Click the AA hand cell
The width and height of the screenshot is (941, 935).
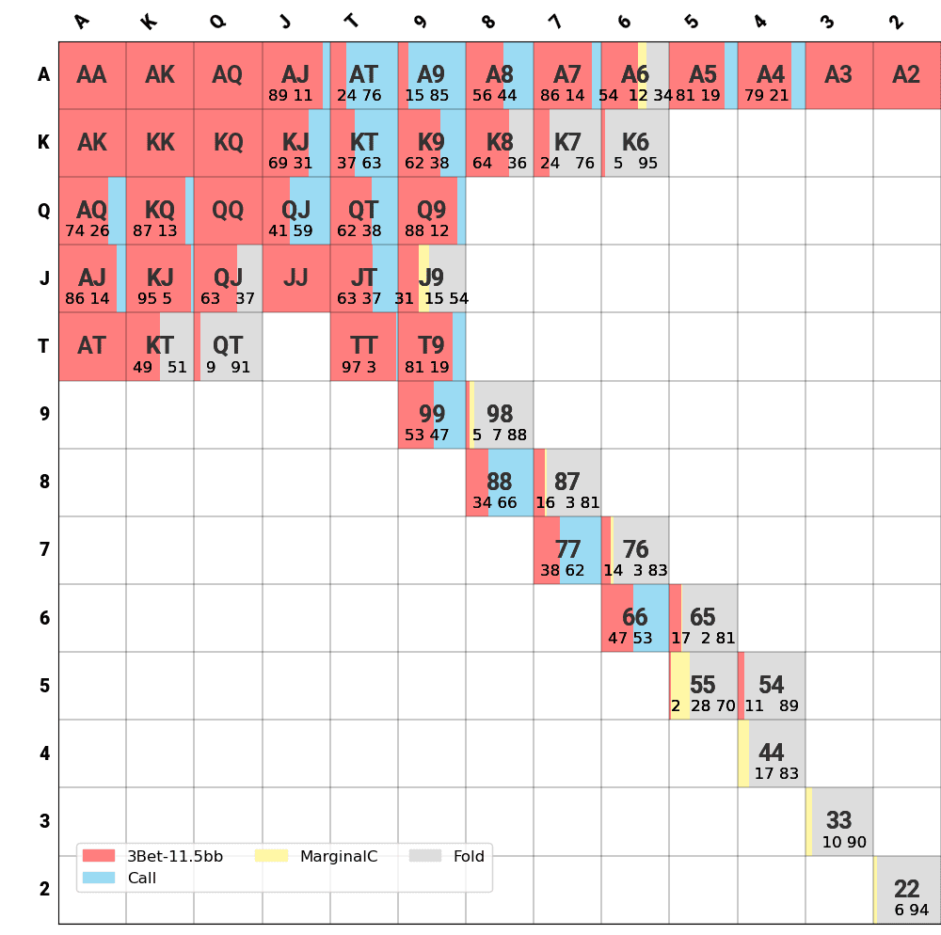click(92, 75)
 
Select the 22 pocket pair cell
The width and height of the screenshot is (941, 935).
click(907, 890)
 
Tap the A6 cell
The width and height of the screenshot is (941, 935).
click(635, 75)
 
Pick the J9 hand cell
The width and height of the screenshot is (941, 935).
click(432, 278)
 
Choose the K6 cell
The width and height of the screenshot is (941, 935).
click(635, 143)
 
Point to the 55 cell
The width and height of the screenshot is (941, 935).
click(703, 686)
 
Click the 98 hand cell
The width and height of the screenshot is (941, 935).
click(500, 415)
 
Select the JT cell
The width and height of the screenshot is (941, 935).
click(364, 278)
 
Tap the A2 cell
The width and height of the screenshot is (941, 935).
click(907, 75)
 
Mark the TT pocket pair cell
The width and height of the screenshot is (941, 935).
click(364, 347)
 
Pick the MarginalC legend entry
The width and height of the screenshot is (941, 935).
click(316, 856)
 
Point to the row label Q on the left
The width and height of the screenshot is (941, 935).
click(43, 211)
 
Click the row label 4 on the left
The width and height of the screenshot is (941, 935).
click(43, 753)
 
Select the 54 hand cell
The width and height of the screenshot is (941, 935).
click(771, 686)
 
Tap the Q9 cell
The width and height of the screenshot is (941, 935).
click(432, 211)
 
